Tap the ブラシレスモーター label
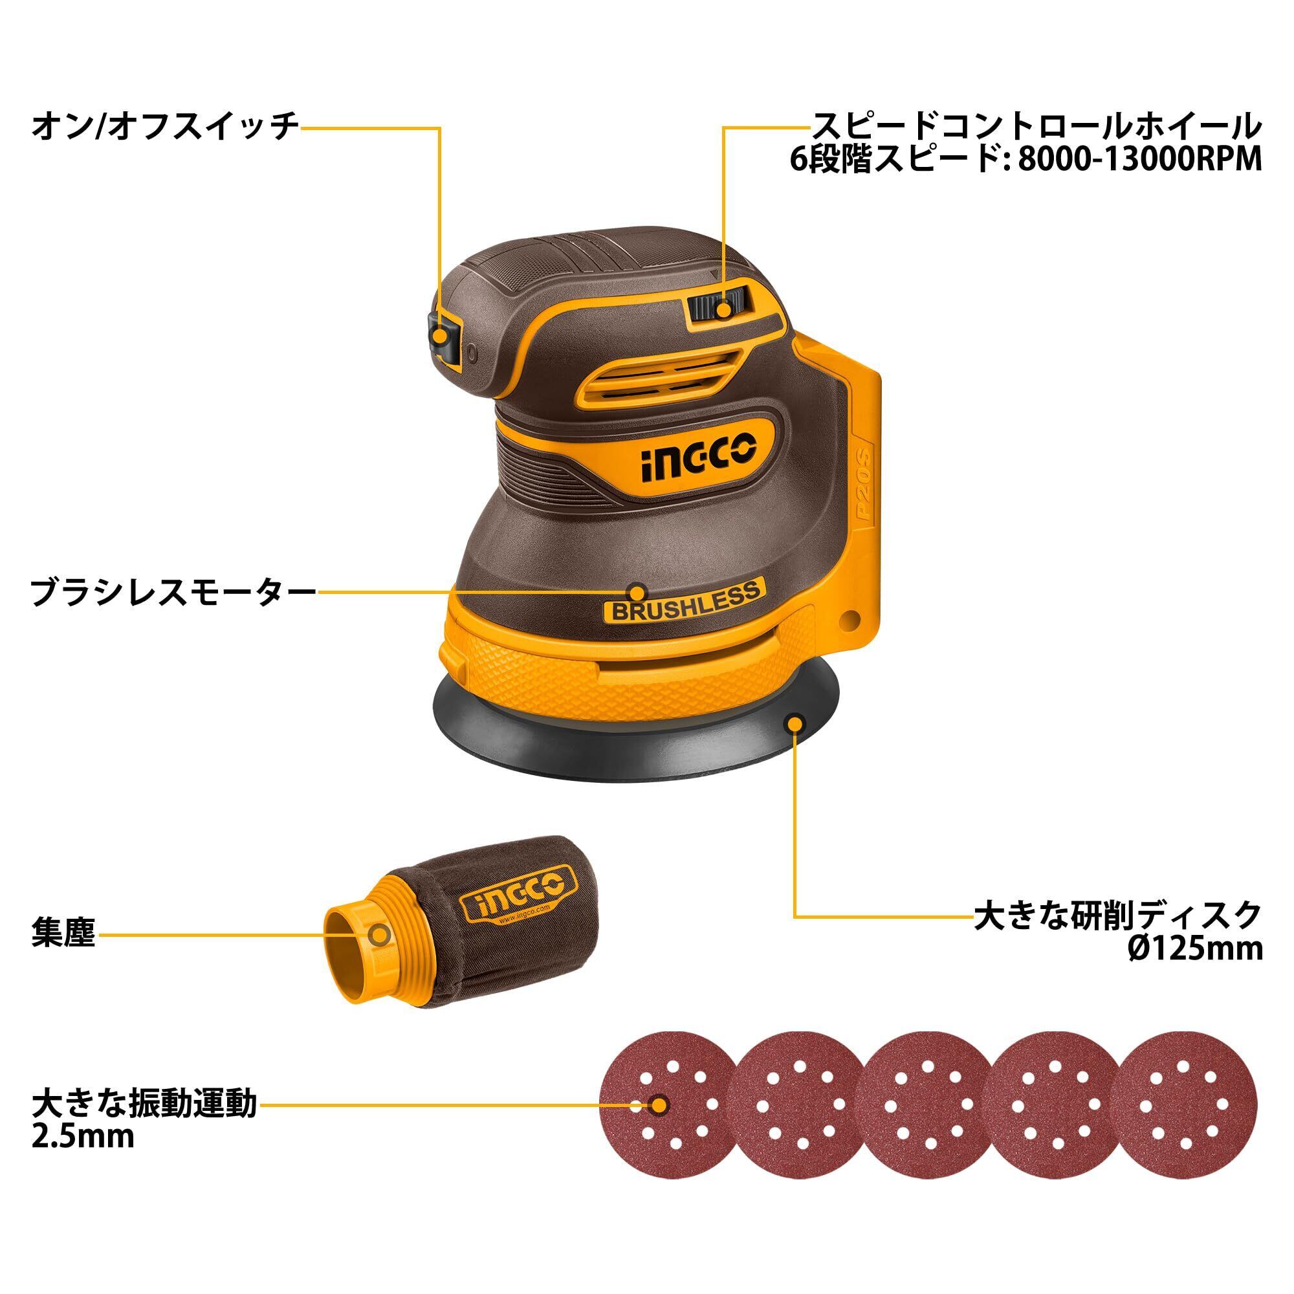tap(173, 593)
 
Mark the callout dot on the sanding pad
tap(795, 723)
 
